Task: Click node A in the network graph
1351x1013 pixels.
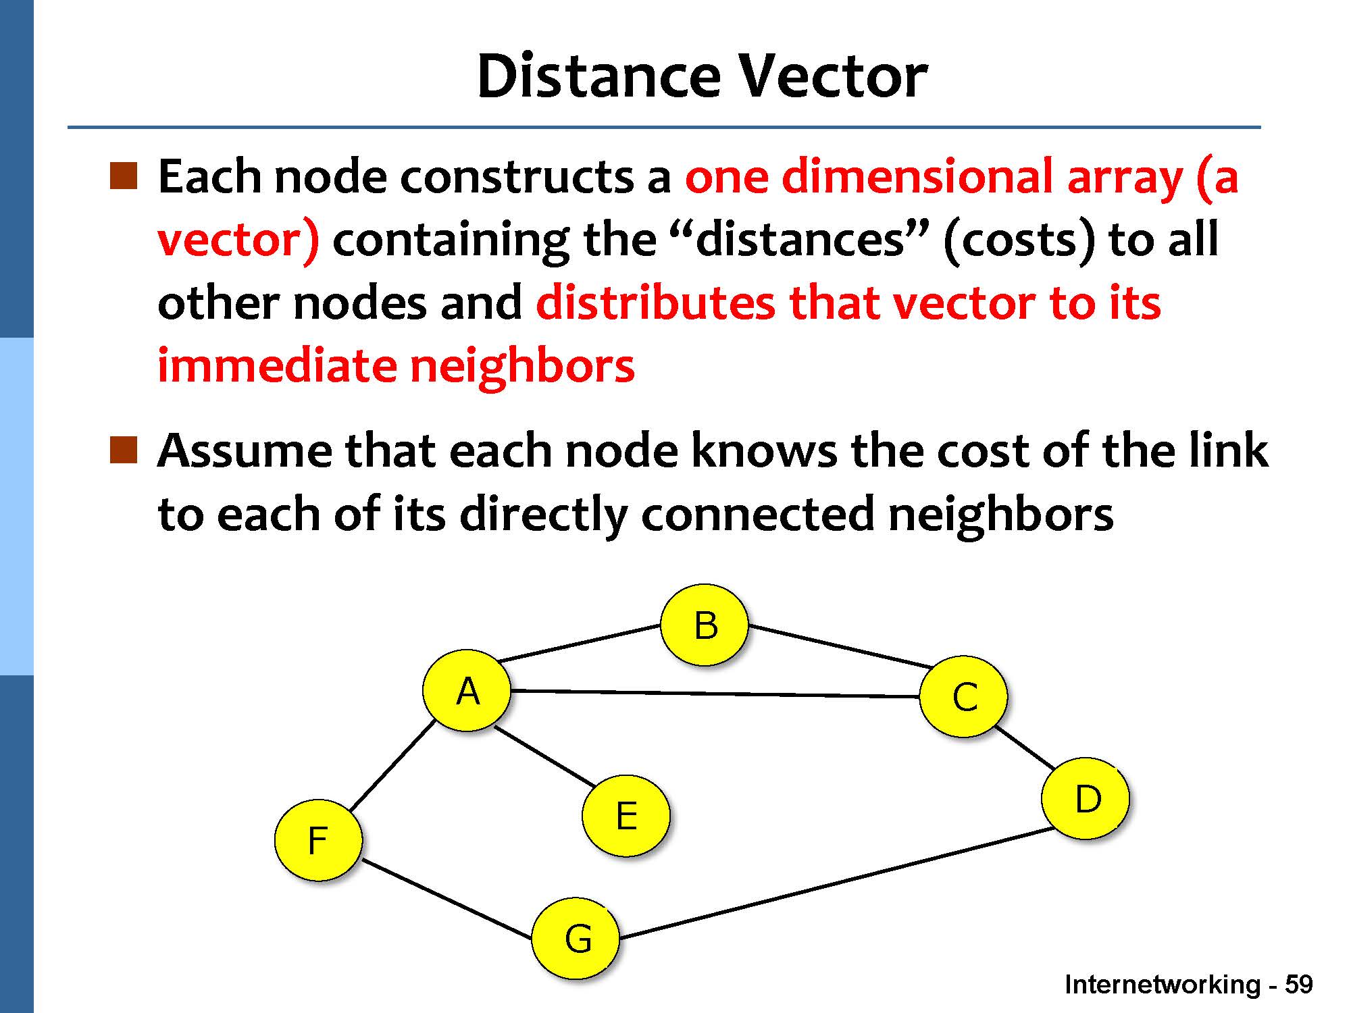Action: (467, 690)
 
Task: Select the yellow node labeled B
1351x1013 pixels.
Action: (705, 625)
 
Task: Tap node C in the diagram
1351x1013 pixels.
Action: (964, 696)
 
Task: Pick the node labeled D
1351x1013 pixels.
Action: (1086, 798)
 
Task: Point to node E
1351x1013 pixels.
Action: (626, 815)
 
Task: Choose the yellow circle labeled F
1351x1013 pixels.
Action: (318, 840)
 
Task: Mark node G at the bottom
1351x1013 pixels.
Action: (576, 938)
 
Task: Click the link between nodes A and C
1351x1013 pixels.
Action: (715, 693)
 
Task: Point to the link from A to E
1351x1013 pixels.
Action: (544, 756)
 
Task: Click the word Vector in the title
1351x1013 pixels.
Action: (832, 76)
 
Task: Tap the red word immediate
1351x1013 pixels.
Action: (276, 365)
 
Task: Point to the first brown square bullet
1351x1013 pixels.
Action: (124, 175)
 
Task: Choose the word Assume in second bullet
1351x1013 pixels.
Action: (244, 450)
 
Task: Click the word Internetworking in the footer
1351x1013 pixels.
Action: (1162, 985)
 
